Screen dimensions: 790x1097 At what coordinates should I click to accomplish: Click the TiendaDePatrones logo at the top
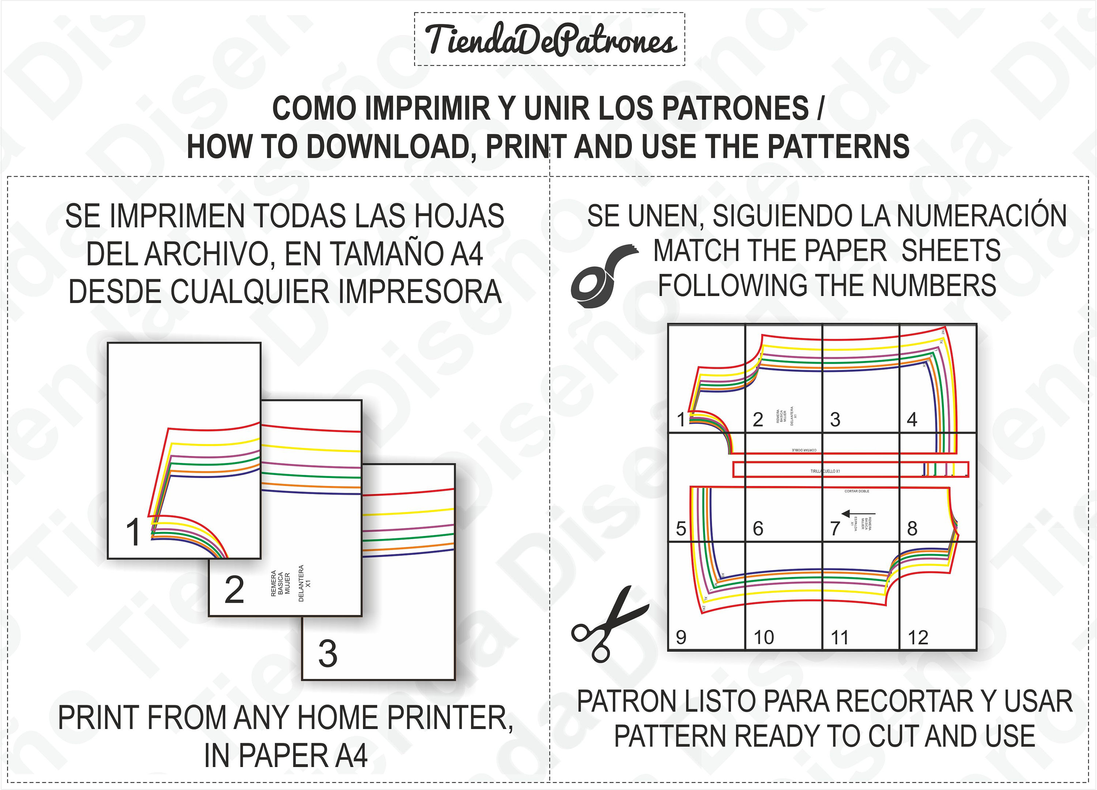pyautogui.click(x=550, y=39)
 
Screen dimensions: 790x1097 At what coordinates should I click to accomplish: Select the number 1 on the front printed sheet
pyautogui.click(x=133, y=532)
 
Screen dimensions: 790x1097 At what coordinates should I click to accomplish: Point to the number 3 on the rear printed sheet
pyautogui.click(x=328, y=654)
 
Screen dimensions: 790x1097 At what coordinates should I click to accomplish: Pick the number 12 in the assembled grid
pyautogui.click(x=917, y=638)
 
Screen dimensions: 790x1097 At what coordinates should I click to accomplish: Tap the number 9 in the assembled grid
pyautogui.click(x=681, y=638)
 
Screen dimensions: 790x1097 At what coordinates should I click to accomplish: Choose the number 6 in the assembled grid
pyautogui.click(x=758, y=528)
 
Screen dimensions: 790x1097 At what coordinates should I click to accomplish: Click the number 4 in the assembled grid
pyautogui.click(x=912, y=419)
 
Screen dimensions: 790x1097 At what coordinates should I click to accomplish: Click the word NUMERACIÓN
pyautogui.click(x=981, y=216)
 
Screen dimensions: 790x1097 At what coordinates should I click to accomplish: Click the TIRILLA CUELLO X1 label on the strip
pyautogui.click(x=825, y=471)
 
